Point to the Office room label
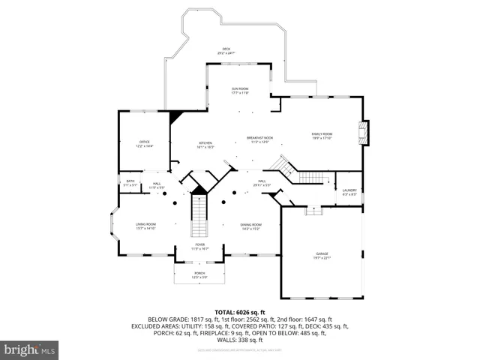pyautogui.click(x=144, y=143)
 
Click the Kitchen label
pyautogui.click(x=205, y=144)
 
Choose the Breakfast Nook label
pyautogui.click(x=260, y=139)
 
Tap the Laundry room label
pyautogui.click(x=349, y=191)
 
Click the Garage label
pyautogui.click(x=322, y=256)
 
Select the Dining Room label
pyautogui.click(x=250, y=226)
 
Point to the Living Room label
pyautogui.click(x=145, y=226)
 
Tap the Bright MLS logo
pyautogui.click(x=30, y=349)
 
